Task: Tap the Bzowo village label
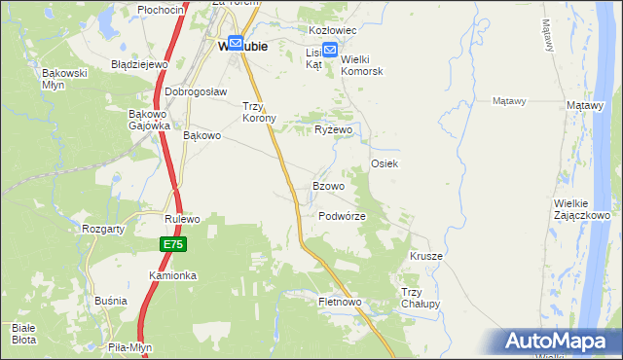click(x=328, y=186)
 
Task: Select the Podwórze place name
click(x=342, y=216)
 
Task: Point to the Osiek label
click(x=385, y=164)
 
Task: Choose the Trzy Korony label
click(x=260, y=112)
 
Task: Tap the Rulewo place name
click(x=182, y=220)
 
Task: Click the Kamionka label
click(x=172, y=275)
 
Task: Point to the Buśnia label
click(x=111, y=301)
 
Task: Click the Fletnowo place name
click(x=340, y=303)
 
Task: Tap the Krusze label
click(x=426, y=256)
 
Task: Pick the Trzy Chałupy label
click(x=421, y=298)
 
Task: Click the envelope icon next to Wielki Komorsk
click(x=330, y=52)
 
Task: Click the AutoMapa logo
click(x=560, y=342)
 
